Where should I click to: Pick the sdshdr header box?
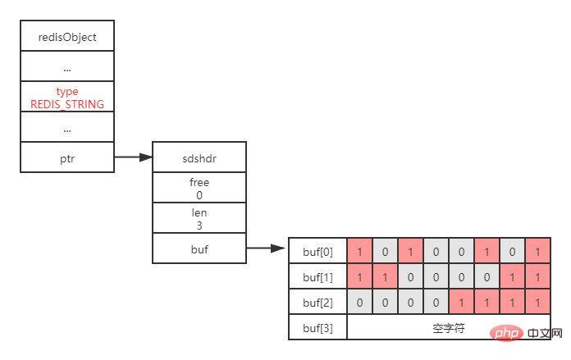point(199,157)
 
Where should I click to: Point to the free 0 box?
point(199,189)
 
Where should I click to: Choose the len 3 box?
point(199,219)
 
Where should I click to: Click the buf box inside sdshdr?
point(199,248)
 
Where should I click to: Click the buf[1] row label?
point(318,277)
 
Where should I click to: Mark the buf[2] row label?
point(318,302)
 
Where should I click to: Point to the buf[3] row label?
point(318,327)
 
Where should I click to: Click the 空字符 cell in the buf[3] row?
point(448,327)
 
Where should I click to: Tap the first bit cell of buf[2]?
point(360,302)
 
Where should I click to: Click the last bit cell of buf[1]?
point(537,277)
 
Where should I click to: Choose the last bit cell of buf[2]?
point(537,302)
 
